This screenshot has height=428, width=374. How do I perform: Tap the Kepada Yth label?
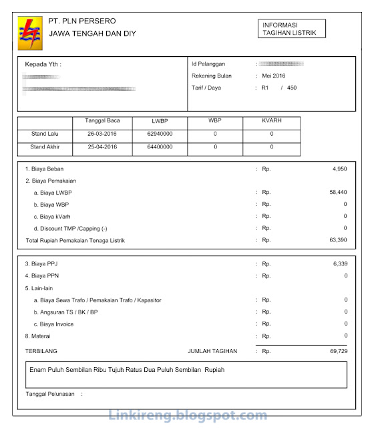click(43, 65)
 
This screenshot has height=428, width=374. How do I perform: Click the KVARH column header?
click(272, 121)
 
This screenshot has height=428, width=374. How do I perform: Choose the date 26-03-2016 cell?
click(102, 134)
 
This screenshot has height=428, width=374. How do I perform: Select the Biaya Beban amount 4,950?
click(339, 169)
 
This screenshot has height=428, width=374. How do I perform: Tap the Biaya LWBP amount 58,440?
click(337, 193)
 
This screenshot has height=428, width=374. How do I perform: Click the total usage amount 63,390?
click(337, 240)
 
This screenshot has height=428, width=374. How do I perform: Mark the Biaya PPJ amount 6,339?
click(339, 264)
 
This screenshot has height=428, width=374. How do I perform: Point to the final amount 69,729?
click(337, 350)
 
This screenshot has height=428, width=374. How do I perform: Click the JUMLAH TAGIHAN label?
click(213, 350)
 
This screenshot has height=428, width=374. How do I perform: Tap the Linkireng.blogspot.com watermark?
click(186, 415)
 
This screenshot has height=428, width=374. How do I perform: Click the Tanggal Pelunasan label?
click(50, 394)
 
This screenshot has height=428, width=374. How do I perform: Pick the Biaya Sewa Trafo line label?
click(98, 300)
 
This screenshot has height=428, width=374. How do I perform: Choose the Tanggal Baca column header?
click(102, 121)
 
